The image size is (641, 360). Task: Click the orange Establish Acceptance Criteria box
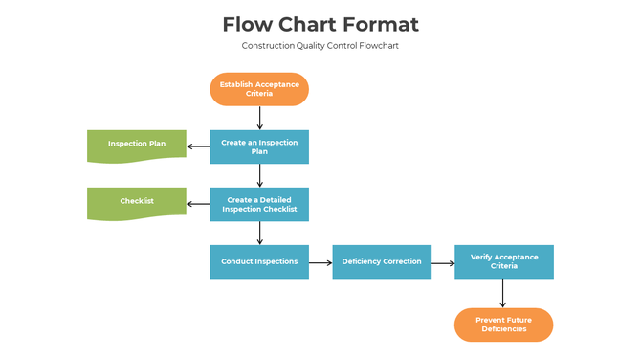(259, 89)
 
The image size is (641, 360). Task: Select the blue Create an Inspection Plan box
(259, 146)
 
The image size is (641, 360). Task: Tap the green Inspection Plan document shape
(136, 145)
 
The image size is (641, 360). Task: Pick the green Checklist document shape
(136, 202)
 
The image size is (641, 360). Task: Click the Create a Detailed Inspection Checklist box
(259, 204)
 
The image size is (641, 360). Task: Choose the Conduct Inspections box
(259, 261)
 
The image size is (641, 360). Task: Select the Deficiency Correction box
(381, 261)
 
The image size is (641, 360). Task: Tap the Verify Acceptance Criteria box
(503, 261)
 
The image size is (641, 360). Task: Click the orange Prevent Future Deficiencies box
(503, 325)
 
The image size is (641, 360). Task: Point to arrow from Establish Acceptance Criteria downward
(259, 118)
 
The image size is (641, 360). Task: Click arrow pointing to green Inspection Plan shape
(198, 146)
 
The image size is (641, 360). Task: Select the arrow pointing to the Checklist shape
(198, 203)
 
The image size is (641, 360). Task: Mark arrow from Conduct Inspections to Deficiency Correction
(320, 261)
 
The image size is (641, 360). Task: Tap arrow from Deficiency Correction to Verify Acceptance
(442, 261)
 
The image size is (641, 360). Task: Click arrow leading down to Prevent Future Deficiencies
(503, 293)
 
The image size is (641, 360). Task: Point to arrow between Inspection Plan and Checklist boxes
(259, 175)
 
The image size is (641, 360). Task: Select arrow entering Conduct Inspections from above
(259, 233)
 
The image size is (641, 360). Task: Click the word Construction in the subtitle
(267, 46)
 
